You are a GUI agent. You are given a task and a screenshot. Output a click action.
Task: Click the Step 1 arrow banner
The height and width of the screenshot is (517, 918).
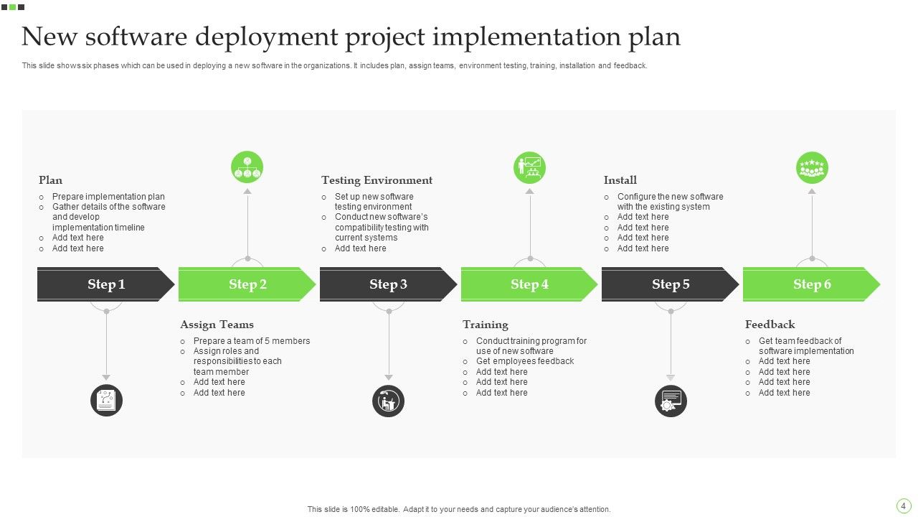[x=106, y=284]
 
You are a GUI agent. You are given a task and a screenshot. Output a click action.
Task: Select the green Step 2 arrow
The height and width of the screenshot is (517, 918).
[x=247, y=284]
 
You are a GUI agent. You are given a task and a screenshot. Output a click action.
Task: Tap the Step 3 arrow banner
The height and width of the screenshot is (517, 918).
[x=388, y=284]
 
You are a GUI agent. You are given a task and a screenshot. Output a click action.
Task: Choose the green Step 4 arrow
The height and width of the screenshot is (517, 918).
[x=529, y=284]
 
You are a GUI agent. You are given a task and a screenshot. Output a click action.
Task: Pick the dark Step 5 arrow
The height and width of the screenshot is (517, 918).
[x=671, y=284]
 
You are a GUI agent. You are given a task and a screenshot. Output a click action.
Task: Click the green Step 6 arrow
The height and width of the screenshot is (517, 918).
[x=812, y=284]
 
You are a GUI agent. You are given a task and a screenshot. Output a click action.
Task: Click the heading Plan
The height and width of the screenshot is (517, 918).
[x=50, y=180]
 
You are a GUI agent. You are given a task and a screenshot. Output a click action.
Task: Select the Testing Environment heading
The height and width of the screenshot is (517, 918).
[x=377, y=180]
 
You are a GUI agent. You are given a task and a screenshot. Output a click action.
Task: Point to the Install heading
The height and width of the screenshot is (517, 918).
[x=620, y=180]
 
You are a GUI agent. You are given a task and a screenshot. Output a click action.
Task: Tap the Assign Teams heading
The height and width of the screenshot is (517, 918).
[x=217, y=325]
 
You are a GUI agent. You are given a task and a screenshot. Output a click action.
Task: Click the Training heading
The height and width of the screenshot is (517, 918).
[x=485, y=325]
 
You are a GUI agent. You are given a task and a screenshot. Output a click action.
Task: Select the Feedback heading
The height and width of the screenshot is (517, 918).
[x=770, y=325]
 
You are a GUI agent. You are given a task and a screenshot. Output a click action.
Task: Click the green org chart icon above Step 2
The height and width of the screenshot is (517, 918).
[x=247, y=168]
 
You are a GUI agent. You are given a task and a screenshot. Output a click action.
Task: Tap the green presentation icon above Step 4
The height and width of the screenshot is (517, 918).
[x=530, y=168]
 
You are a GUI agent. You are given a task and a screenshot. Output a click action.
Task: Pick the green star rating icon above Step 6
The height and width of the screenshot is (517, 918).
[x=812, y=168]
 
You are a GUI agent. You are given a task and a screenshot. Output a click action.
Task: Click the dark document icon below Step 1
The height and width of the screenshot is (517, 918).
[x=106, y=401]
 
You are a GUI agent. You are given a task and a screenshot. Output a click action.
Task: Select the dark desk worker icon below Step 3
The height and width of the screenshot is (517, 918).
[x=389, y=401]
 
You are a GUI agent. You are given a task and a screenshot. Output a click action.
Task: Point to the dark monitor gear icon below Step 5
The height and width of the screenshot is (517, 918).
[x=671, y=401]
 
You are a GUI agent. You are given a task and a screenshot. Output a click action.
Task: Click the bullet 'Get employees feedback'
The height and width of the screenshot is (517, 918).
[x=525, y=361]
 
